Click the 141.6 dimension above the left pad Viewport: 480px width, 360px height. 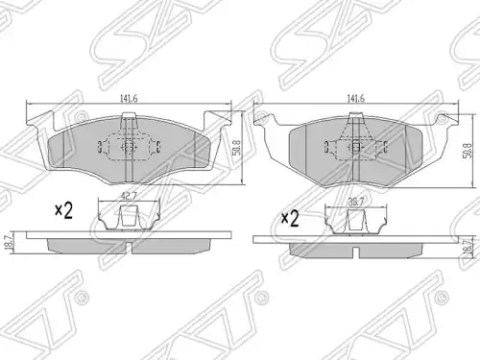(129, 99)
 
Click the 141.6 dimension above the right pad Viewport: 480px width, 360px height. (355, 98)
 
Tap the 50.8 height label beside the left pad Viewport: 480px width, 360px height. (237, 148)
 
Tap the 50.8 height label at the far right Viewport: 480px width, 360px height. (468, 150)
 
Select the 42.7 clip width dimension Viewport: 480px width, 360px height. (128, 196)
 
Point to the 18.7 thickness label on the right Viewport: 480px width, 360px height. (469, 247)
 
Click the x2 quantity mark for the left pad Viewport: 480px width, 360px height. (64, 210)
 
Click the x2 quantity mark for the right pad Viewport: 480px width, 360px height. (290, 219)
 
